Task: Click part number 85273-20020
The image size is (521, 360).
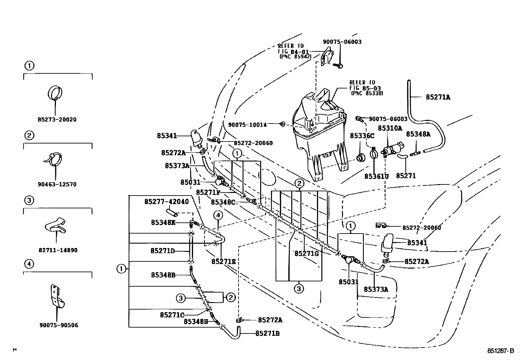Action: click(x=57, y=120)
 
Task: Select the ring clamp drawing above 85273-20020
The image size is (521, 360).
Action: click(x=55, y=93)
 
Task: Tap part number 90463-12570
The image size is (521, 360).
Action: click(x=57, y=184)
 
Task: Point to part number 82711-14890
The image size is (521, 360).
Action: click(x=58, y=250)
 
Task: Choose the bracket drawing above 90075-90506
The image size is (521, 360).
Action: click(x=58, y=296)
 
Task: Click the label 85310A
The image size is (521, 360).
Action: click(x=390, y=128)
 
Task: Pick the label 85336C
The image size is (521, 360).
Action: click(x=362, y=136)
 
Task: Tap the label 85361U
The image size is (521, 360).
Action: click(x=377, y=177)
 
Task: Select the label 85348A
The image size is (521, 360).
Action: click(x=418, y=134)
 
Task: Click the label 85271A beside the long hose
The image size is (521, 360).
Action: click(x=438, y=97)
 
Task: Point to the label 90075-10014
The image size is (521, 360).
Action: click(x=247, y=125)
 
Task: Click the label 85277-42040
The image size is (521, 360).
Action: click(x=167, y=202)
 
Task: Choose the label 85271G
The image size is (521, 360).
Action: click(x=307, y=253)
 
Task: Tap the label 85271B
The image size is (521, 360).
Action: click(x=267, y=333)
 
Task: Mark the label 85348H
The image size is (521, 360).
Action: click(x=196, y=322)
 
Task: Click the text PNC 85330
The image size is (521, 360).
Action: click(x=367, y=93)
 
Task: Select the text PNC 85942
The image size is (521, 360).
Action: click(x=296, y=57)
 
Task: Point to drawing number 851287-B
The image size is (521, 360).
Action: click(x=500, y=351)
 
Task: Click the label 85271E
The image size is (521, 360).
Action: click(x=224, y=262)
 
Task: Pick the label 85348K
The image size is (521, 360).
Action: click(x=163, y=223)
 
